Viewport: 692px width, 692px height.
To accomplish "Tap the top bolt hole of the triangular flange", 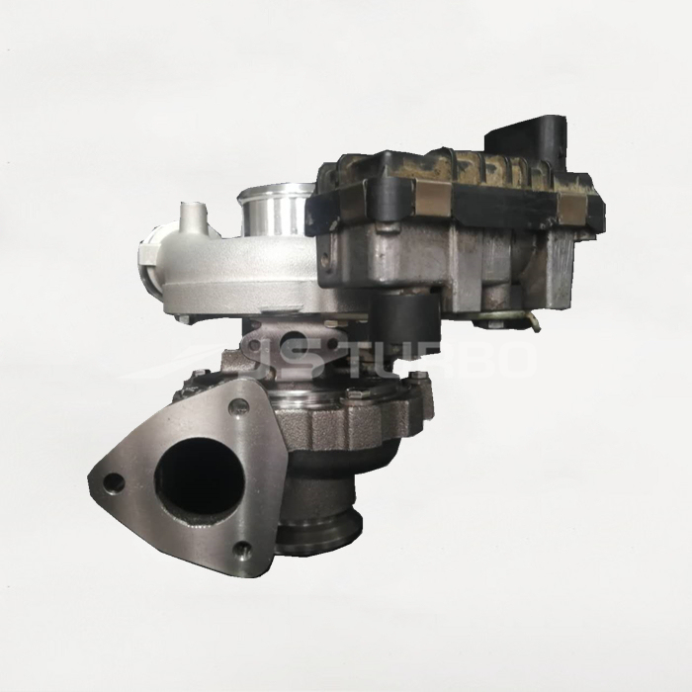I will click(236, 406).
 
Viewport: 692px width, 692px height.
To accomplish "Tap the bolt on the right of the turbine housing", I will click(419, 395).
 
